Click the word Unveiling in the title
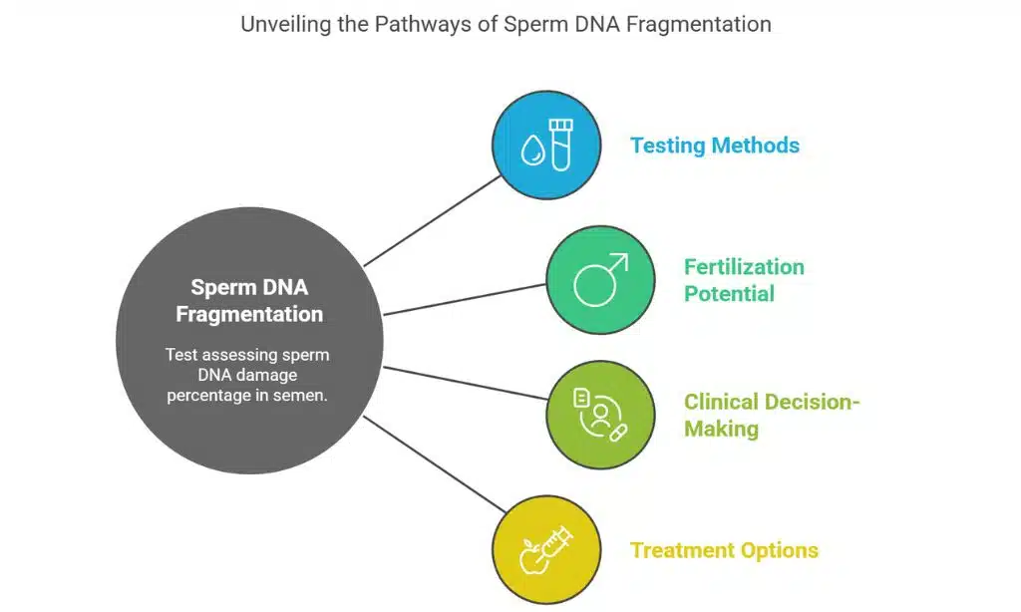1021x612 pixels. coord(282,24)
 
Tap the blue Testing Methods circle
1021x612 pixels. coord(547,147)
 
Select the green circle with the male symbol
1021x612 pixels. coord(600,280)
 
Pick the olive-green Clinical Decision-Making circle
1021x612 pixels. coord(600,415)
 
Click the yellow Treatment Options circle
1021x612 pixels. coord(547,550)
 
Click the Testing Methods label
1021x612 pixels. coord(714,146)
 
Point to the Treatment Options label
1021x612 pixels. coord(724,550)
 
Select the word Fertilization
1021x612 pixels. coord(744,267)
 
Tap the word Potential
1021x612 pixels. coord(729,293)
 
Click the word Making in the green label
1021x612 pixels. coord(721,429)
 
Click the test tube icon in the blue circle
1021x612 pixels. coord(561,147)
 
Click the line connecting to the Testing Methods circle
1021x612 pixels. coord(434,221)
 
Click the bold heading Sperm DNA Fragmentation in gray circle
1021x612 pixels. coord(249,301)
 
